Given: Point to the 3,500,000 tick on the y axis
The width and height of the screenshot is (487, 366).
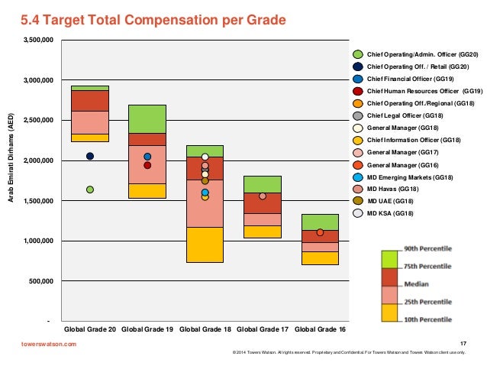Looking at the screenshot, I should point(36,40).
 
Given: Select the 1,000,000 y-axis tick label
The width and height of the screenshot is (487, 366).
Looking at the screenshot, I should point(36,241).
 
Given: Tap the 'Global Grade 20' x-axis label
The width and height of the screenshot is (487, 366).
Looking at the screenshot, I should point(90,329).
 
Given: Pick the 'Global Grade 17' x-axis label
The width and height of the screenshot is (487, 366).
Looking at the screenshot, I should point(263,329).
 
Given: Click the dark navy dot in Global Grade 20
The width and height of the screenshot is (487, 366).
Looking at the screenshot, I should point(90,156).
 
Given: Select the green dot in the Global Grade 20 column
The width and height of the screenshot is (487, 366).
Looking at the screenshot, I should point(90,189).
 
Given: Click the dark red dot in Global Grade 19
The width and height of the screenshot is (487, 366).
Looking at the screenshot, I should point(147,165).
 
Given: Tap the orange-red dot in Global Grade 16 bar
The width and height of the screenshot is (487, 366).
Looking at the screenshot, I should point(320,232).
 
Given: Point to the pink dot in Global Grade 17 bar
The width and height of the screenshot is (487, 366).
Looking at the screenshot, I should point(263,196).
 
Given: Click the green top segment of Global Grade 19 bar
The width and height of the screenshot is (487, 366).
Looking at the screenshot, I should point(147,118).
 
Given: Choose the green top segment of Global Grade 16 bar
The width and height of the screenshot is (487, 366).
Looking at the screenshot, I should point(320,222).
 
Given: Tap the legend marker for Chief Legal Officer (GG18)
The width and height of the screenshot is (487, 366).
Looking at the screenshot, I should point(357,115).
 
